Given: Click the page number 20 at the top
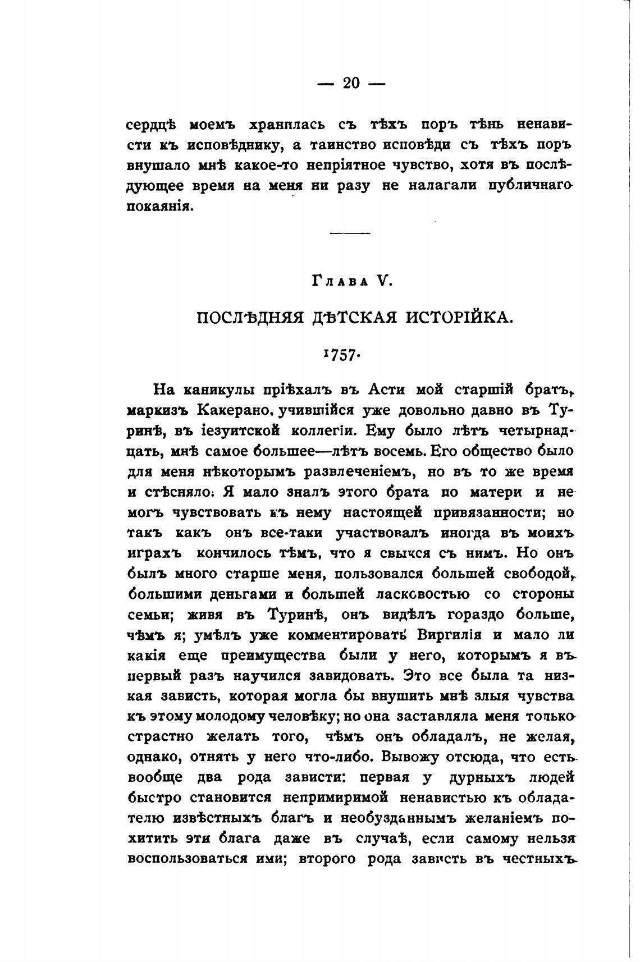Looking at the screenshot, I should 351,84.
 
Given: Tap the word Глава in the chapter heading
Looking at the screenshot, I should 340,282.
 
